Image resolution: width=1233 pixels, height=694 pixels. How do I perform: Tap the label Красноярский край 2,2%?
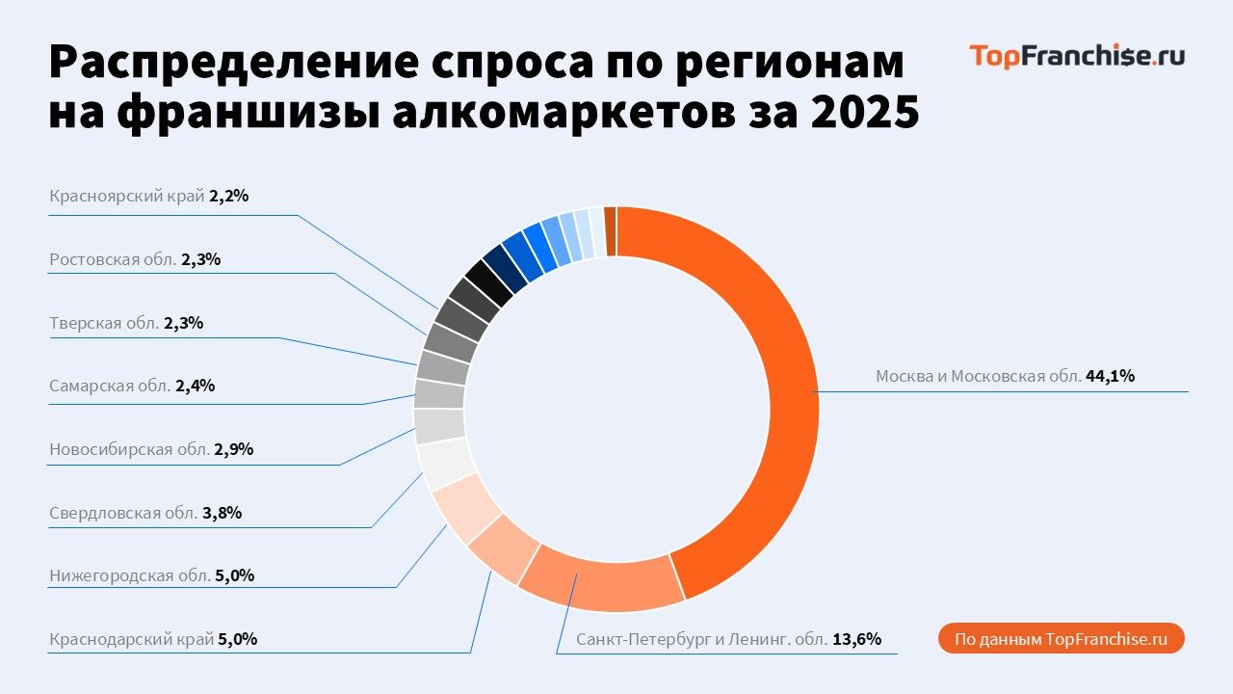point(149,196)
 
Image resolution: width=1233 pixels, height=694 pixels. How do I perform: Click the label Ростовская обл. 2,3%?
point(135,259)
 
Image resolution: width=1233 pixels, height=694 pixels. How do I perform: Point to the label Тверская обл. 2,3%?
point(126,323)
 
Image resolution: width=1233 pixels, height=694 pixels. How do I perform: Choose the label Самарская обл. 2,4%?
point(132,387)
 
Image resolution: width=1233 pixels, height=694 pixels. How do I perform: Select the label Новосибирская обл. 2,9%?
point(151,449)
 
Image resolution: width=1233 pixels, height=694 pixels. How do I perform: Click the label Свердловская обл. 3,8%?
point(145,513)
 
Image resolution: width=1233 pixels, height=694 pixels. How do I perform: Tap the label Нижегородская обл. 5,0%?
point(152,576)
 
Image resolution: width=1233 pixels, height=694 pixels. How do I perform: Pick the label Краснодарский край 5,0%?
point(153,639)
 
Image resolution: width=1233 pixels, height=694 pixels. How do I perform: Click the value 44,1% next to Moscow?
point(1111,377)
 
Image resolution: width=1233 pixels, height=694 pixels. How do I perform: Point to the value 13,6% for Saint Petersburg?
point(856,639)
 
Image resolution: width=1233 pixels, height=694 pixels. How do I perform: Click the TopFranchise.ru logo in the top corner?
point(1077,56)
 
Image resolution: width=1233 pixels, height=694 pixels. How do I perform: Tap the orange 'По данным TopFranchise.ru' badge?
point(1061,639)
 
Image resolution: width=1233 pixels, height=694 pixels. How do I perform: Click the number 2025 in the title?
point(864,113)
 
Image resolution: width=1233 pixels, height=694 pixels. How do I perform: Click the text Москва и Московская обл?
point(978,377)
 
